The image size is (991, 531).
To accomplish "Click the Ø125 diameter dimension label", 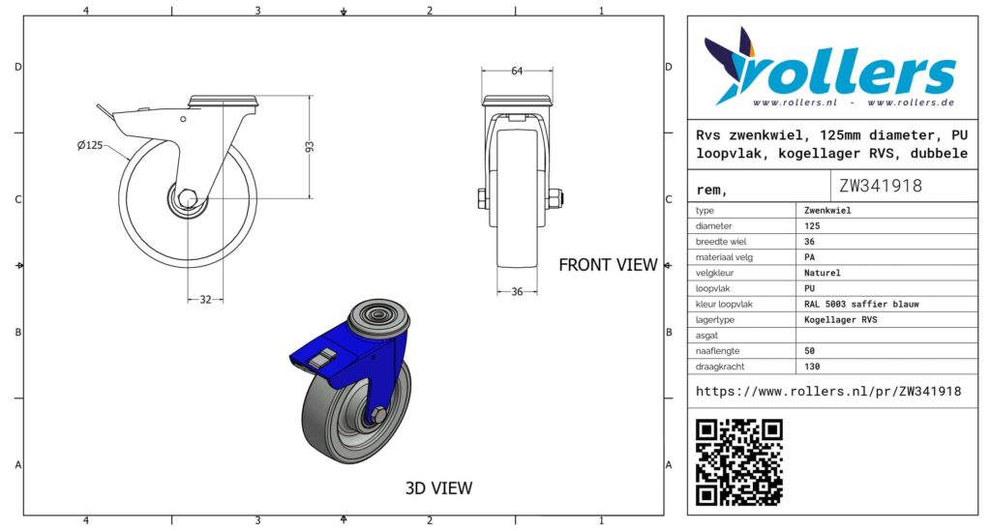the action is [x=90, y=145].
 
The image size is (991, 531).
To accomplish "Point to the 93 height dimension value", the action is [x=310, y=146].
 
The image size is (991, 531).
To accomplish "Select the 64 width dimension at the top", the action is [x=517, y=71].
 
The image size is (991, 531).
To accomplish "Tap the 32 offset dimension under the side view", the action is [x=205, y=299].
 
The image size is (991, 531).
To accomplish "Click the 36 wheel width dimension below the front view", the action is [x=517, y=292].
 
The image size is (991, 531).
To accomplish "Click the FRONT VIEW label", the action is [x=608, y=265].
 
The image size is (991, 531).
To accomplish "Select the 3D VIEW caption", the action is [x=438, y=488].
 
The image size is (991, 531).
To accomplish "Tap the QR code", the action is [x=738, y=462].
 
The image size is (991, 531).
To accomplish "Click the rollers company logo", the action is [x=829, y=68].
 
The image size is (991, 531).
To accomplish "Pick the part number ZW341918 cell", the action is [x=881, y=186].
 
